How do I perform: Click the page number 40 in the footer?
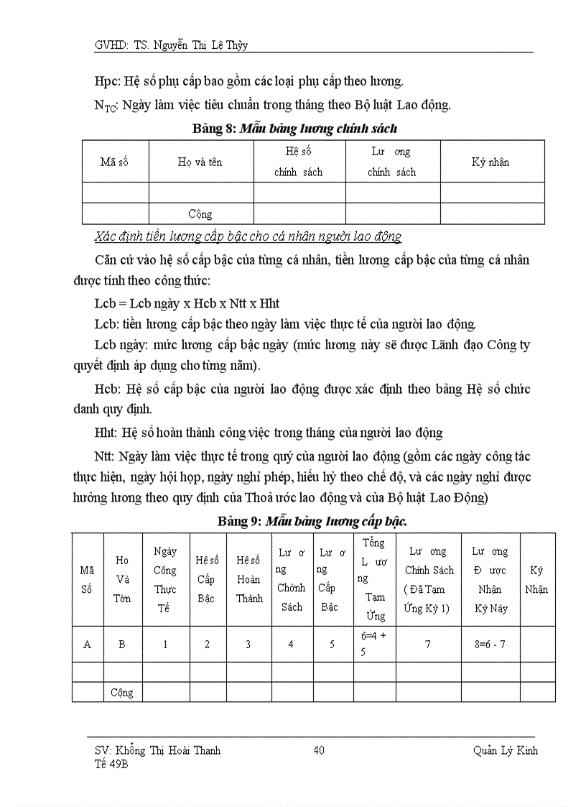click(320, 751)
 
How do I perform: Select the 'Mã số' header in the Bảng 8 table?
click(114, 162)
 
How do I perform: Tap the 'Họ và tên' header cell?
click(200, 162)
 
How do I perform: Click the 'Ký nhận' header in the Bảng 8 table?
click(490, 162)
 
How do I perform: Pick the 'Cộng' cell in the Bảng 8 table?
click(200, 214)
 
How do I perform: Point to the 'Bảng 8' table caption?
click(295, 129)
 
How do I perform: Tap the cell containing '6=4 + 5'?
click(373, 644)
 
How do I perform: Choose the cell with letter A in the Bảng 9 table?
click(88, 645)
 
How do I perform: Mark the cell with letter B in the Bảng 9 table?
click(122, 645)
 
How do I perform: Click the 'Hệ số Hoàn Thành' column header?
click(248, 579)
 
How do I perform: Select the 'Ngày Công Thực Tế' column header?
click(165, 579)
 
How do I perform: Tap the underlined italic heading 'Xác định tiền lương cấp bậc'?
click(248, 236)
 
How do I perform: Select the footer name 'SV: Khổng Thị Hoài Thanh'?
click(157, 751)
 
